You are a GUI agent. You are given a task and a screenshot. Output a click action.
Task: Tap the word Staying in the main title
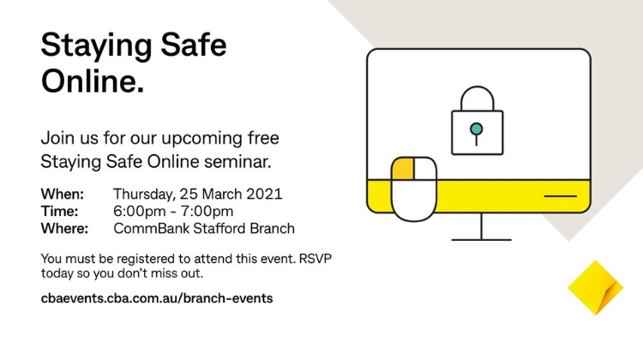(97, 46)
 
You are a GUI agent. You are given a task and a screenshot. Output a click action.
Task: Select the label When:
(63, 194)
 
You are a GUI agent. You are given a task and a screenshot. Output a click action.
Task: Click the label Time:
(59, 211)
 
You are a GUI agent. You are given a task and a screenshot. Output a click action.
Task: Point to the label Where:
(64, 228)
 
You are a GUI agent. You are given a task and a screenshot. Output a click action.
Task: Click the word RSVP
(315, 259)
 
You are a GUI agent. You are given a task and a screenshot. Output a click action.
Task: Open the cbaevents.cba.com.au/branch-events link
(157, 298)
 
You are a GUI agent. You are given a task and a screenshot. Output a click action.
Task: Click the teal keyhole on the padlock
(476, 129)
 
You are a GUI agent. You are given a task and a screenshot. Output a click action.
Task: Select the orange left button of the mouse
(403, 169)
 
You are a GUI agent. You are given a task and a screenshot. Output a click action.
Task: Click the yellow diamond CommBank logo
(596, 288)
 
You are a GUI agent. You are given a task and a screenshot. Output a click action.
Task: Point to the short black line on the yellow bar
(560, 196)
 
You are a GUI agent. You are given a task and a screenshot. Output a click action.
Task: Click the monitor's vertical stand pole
(481, 226)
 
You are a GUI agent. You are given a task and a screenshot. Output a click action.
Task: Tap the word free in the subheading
(263, 138)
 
